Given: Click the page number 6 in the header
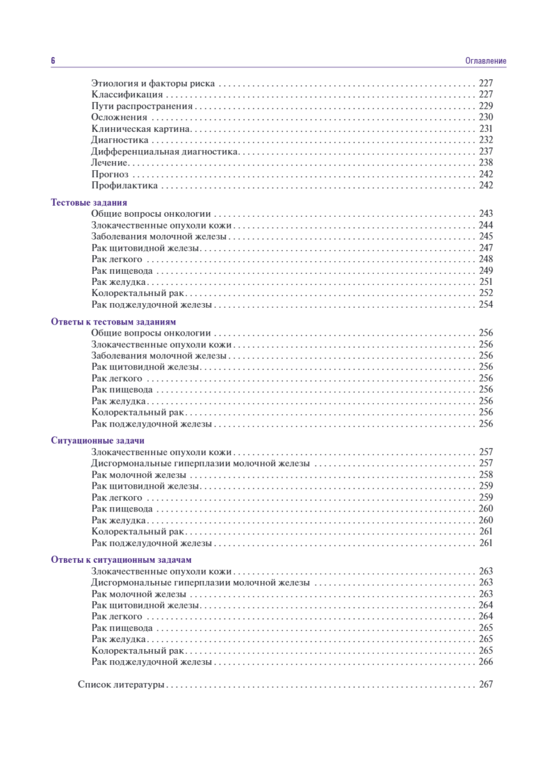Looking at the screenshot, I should click(53, 60).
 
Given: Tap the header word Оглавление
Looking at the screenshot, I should click(485, 61).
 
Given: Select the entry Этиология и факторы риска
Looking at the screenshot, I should click(153, 84).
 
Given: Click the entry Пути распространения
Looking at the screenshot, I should click(142, 106).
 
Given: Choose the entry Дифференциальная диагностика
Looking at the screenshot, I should click(165, 151).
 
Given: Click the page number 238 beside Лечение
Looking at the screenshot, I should click(486, 162).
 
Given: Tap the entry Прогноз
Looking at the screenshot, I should click(110, 174).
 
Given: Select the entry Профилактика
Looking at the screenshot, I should click(125, 186).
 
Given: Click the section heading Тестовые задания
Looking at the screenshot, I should click(89, 203).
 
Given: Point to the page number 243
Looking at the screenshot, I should click(486, 214).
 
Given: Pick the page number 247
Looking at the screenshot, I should click(486, 248).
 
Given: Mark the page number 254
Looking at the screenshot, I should click(486, 304).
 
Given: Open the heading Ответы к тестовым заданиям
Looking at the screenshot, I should click(114, 322).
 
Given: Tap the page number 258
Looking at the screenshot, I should click(486, 475).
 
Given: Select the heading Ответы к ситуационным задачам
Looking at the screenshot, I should click(121, 560).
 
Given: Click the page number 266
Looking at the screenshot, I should click(486, 662).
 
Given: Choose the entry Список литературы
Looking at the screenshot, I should click(121, 684).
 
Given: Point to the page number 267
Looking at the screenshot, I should click(486, 684).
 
